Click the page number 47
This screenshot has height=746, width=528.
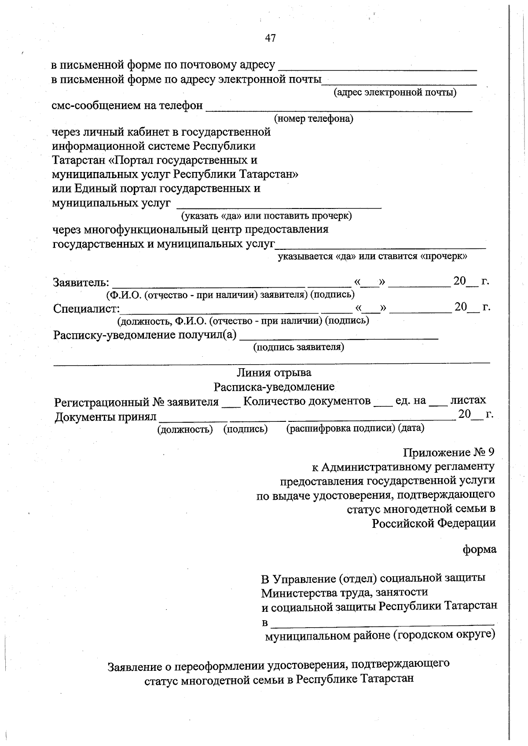click(270, 38)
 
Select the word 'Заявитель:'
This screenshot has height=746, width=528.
click(81, 282)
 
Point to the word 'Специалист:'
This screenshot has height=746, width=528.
click(86, 308)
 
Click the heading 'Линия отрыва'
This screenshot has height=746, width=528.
click(274, 373)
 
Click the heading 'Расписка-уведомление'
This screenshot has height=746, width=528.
click(274, 387)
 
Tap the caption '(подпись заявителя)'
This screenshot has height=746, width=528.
click(298, 347)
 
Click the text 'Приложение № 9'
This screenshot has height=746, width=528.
click(449, 452)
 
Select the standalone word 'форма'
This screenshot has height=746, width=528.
click(479, 549)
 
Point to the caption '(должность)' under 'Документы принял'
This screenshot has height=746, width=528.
click(185, 429)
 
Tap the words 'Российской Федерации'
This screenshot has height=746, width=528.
click(433, 523)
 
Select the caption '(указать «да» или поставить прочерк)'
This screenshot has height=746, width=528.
click(266, 216)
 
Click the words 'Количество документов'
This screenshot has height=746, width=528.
click(306, 401)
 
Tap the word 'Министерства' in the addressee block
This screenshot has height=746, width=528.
click(299, 593)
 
